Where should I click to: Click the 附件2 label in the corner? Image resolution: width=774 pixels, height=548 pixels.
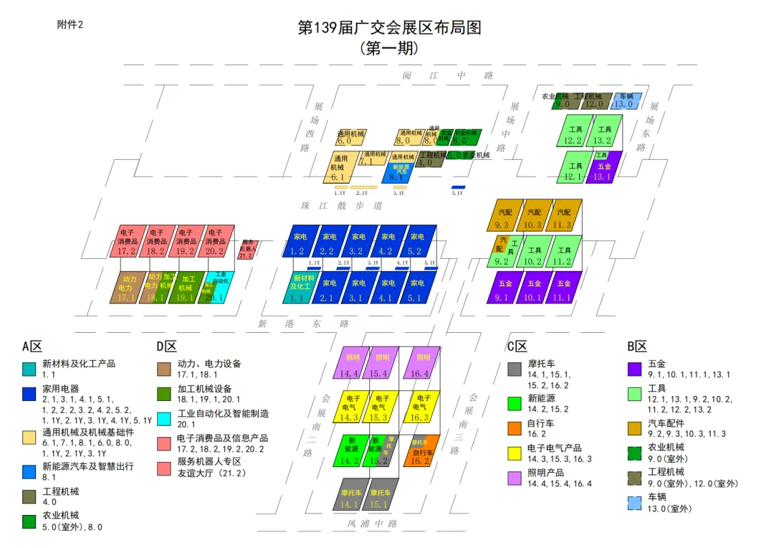click(70, 24)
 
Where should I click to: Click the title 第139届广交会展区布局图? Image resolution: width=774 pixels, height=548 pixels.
click(388, 28)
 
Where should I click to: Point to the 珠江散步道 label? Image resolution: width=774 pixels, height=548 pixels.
click(341, 205)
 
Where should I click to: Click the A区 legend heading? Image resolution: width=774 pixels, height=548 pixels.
click(32, 346)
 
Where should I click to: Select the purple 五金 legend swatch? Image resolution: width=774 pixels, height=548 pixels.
click(634, 369)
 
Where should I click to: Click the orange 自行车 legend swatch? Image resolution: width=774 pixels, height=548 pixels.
click(514, 428)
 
